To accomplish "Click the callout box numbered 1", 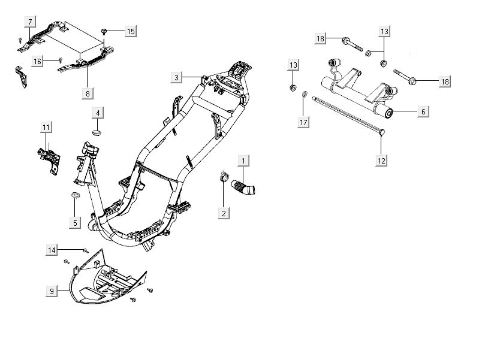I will tap(243, 160).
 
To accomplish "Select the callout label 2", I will tap(224, 213).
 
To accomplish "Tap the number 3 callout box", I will tap(176, 77).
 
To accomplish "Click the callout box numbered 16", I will tap(37, 61).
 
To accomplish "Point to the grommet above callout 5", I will tap(75, 196).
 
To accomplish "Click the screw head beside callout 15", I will tap(106, 30).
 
